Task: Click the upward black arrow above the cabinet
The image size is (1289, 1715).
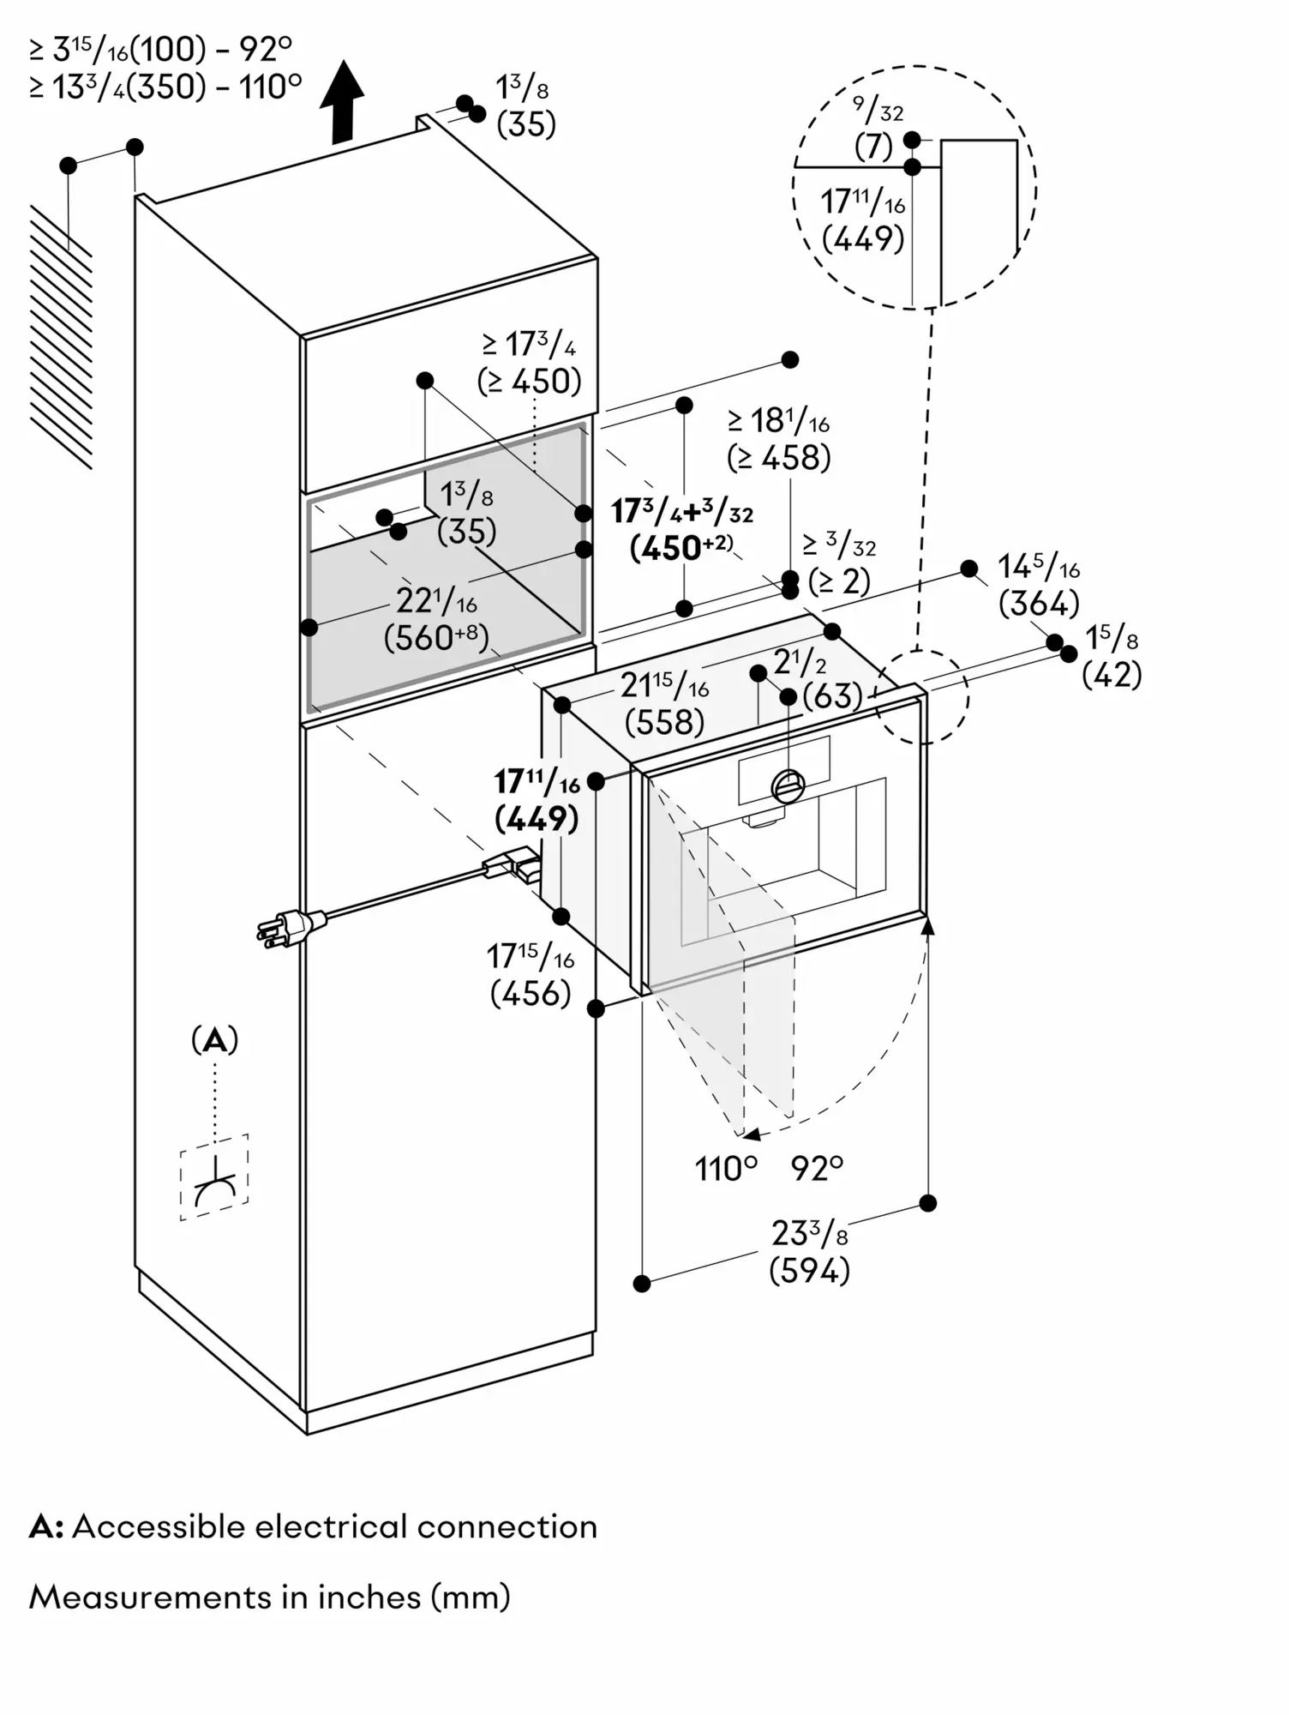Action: click(342, 101)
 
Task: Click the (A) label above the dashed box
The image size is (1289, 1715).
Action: click(214, 1040)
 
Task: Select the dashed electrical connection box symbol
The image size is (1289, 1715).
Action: click(214, 1176)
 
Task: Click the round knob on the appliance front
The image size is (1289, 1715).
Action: click(788, 785)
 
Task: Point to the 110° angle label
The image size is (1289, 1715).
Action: click(726, 1169)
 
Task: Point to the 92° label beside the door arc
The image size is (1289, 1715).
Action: click(817, 1168)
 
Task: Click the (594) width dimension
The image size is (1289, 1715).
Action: click(809, 1270)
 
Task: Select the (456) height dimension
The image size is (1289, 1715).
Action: click(531, 993)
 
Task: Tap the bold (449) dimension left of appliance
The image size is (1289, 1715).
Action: click(537, 818)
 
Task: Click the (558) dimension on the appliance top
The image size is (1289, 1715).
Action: click(664, 722)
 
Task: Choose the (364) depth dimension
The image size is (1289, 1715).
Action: click(1039, 604)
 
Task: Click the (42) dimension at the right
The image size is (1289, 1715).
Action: click(1112, 675)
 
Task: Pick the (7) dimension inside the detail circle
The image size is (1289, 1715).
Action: click(873, 147)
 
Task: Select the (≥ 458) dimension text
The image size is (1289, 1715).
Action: click(778, 458)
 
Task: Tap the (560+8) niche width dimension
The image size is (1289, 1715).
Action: click(435, 638)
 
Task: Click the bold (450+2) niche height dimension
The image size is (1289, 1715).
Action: click(681, 548)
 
